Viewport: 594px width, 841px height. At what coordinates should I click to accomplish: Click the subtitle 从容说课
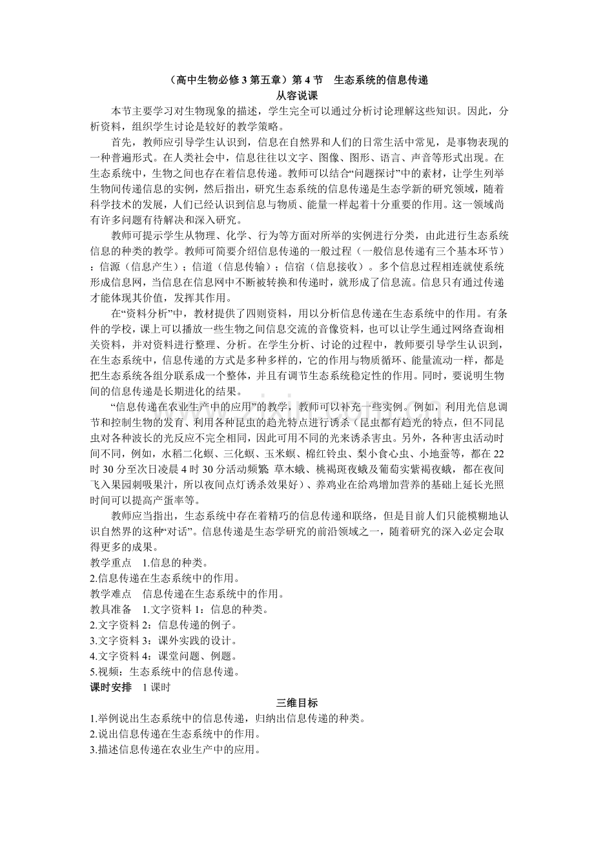pos(296,95)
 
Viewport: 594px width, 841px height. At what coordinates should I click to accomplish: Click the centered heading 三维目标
pos(296,703)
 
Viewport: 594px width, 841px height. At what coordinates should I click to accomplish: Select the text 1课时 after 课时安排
pos(156,687)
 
